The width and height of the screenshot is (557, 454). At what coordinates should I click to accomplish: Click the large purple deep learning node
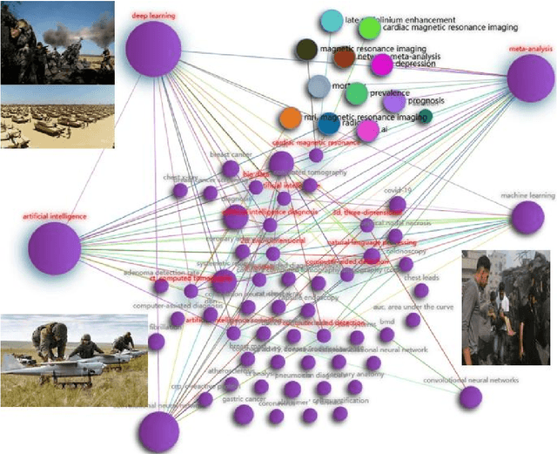point(153,49)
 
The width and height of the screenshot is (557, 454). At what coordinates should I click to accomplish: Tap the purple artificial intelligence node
point(54,247)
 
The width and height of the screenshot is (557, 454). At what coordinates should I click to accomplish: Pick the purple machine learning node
point(527,218)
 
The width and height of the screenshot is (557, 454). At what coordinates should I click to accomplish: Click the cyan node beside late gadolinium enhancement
point(332,20)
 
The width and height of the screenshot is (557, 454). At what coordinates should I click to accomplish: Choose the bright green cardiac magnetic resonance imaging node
point(369,28)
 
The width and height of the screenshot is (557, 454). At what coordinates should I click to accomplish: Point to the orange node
point(291,118)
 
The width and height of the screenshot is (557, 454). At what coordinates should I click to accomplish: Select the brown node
point(345,58)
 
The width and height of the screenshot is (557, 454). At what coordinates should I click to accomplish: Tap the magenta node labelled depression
point(381,64)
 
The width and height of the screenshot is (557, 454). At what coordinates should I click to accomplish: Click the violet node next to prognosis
point(394,102)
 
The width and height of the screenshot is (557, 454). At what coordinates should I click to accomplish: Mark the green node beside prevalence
point(355,93)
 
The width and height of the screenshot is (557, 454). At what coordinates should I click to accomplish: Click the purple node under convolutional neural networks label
point(471,397)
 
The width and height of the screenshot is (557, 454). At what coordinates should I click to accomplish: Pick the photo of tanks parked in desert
point(57,117)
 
